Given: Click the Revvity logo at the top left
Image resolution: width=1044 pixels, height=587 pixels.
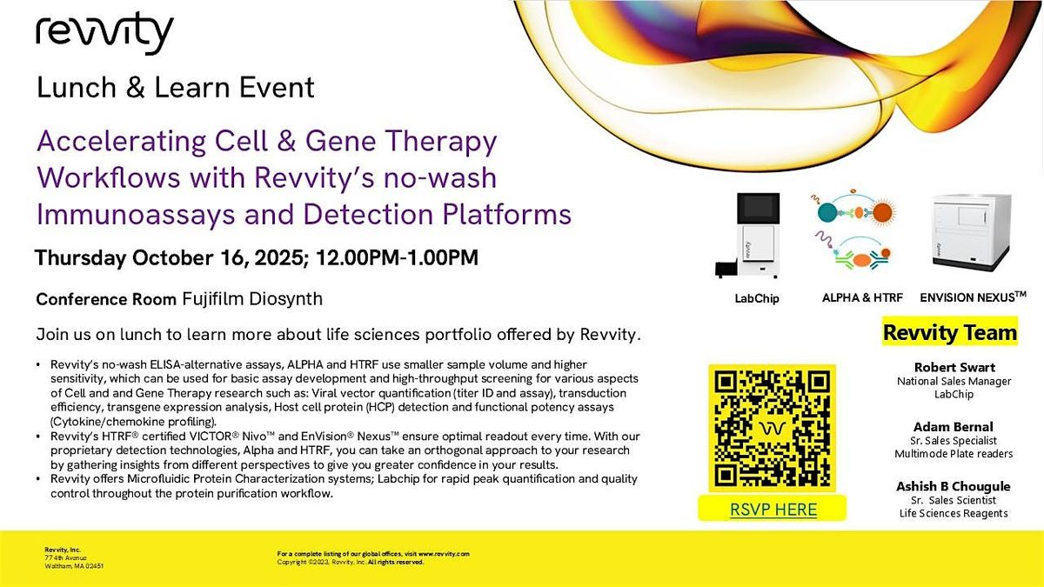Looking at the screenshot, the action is coord(104,34).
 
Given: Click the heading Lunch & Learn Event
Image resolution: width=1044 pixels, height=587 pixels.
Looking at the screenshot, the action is coord(176,87).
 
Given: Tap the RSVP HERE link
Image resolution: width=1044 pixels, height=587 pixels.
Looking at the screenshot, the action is coord(773,510).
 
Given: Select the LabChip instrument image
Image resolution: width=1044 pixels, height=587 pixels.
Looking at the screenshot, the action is coord(748,236).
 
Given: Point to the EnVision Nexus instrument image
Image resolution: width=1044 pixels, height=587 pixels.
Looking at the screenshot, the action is coord(971,233).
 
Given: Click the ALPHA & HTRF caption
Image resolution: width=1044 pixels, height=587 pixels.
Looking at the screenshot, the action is coord(862,297).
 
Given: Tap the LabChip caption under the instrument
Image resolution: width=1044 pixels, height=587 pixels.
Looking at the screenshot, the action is coord(757,298).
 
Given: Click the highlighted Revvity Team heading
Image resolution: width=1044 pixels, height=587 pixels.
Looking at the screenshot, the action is coord(950,332).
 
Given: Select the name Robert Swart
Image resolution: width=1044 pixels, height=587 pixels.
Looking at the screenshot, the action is coord(954,367).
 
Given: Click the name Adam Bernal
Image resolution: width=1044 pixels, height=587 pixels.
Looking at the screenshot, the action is coord(954,427).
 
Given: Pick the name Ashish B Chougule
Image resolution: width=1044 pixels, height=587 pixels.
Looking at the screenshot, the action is coord(954,486).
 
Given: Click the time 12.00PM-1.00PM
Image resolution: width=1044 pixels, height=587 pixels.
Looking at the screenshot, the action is coord(397,257).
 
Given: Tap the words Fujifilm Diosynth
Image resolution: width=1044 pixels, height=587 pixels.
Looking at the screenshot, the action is coord(252,298).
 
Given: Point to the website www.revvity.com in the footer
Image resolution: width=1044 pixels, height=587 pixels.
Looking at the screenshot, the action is coord(444,554).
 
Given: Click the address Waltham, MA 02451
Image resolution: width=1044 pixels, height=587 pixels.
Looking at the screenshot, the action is coord(74,566).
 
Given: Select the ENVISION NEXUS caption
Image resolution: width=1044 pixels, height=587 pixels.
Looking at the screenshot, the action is coord(974,297).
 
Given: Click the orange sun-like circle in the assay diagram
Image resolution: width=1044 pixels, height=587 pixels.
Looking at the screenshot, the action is coord(882,212).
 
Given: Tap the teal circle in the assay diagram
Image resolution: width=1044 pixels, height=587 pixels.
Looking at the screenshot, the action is coord(827,212).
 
